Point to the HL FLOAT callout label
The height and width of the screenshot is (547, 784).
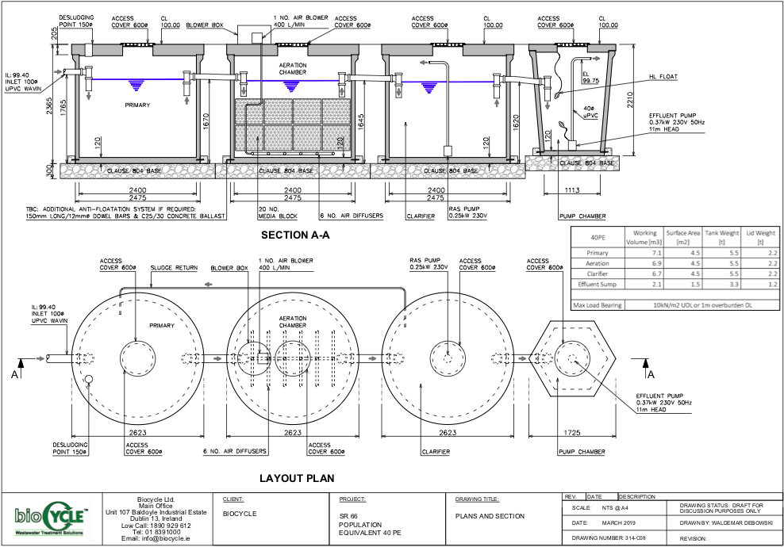click(663, 78)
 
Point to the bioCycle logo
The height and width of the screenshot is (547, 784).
click(48, 519)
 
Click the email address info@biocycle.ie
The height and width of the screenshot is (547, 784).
click(154, 538)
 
